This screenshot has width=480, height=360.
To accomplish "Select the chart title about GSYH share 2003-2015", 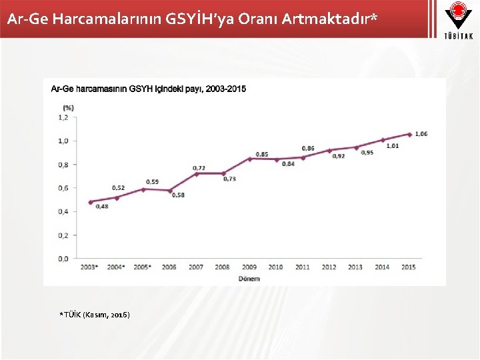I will click(x=148, y=89).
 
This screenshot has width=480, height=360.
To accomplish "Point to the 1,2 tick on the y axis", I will click(x=63, y=117).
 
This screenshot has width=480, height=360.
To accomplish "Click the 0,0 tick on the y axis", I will click(x=63, y=259).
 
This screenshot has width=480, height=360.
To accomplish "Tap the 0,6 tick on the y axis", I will click(x=63, y=188).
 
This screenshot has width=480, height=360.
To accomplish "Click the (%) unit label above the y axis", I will click(x=68, y=107).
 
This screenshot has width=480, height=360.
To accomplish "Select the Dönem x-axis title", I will click(x=249, y=278).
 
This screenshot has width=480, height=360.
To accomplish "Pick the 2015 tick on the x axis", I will click(x=409, y=267).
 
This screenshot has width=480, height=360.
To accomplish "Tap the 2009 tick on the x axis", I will click(x=249, y=267).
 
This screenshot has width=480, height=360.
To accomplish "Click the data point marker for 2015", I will click(x=409, y=134).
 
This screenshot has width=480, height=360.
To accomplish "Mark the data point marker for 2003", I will click(x=90, y=202).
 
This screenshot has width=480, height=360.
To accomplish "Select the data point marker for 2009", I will click(x=249, y=159).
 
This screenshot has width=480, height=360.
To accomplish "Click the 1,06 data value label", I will click(x=421, y=134).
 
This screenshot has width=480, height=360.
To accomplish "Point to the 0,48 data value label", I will click(x=101, y=207).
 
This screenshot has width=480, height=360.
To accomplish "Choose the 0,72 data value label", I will click(x=199, y=167).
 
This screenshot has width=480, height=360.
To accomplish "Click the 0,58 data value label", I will click(x=178, y=195).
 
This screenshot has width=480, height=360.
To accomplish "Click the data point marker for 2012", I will click(x=329, y=150).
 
